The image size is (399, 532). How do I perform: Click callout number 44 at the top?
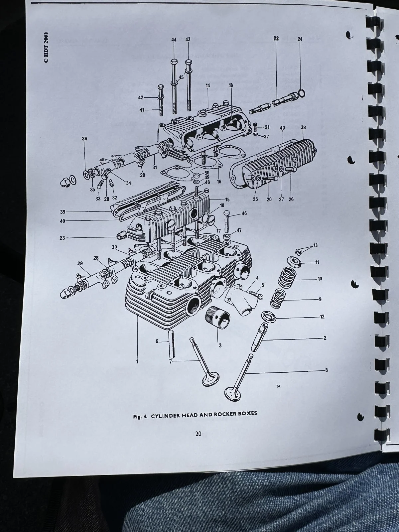pyautogui.click(x=174, y=40)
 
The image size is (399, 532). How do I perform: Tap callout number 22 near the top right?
pyautogui.click(x=276, y=39)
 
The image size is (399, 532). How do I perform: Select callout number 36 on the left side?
pyautogui.click(x=84, y=139)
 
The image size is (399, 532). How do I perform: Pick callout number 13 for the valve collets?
pyautogui.click(x=315, y=245)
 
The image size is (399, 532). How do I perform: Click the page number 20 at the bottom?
pyautogui.click(x=198, y=434)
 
